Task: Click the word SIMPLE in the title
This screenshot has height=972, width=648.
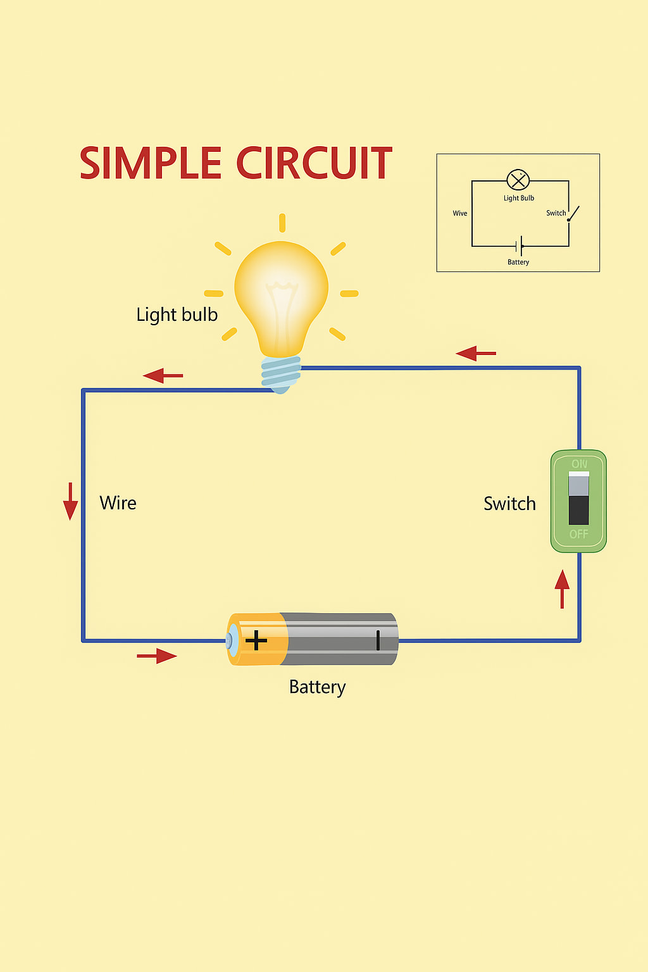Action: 151,163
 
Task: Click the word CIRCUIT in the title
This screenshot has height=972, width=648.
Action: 315,163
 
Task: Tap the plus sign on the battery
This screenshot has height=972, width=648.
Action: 256,640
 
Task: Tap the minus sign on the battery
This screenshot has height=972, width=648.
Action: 378,640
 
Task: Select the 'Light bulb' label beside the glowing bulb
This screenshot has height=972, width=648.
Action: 177,315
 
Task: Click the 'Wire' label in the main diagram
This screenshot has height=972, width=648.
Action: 118,503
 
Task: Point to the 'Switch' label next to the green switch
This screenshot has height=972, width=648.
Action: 509,504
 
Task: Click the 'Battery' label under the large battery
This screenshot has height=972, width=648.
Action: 317,687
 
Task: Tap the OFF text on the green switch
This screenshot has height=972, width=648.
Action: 578,534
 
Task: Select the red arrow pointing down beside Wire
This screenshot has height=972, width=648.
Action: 70,501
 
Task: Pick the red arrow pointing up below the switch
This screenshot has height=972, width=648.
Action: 562,589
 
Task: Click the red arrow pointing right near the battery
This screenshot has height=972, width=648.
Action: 157,656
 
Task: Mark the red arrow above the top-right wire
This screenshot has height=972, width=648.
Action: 476,353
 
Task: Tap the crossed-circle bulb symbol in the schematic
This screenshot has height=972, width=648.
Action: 518,180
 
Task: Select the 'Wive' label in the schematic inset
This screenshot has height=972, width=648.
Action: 460,213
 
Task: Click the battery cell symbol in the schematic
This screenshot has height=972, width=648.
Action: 519,246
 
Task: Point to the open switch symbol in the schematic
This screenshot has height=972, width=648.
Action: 573,213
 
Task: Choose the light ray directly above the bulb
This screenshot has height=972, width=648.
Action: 282,223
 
